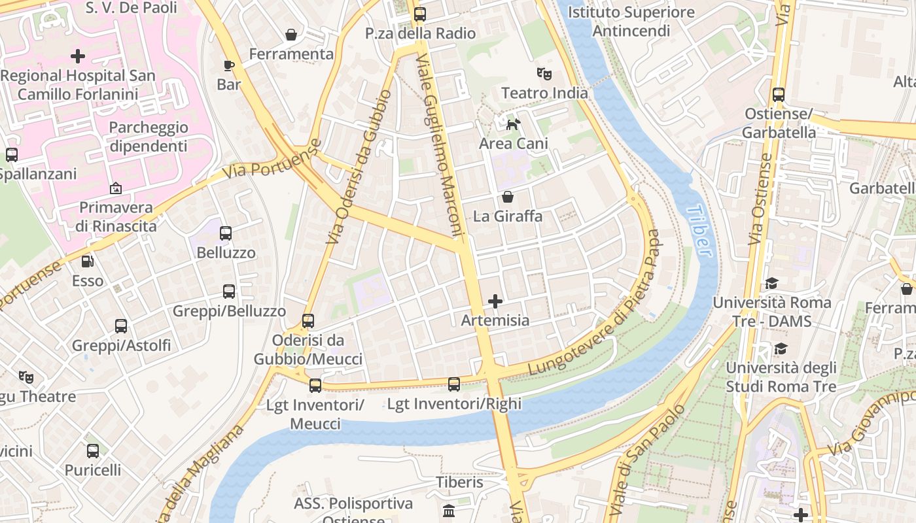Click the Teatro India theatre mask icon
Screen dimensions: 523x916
(x=544, y=73)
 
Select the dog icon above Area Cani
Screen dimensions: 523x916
(x=514, y=124)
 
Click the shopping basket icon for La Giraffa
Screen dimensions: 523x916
(x=508, y=196)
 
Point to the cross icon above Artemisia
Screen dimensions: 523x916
(x=495, y=301)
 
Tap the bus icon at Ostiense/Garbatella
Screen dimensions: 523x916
(x=779, y=95)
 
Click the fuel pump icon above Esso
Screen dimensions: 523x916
(x=87, y=261)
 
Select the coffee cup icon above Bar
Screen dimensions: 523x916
(x=228, y=65)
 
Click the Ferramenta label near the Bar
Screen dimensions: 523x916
(x=291, y=54)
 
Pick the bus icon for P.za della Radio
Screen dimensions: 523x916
(x=419, y=14)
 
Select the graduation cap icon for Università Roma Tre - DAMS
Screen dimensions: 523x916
(x=771, y=283)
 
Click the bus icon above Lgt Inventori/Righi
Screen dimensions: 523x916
(x=454, y=384)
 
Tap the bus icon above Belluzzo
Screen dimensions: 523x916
(x=226, y=233)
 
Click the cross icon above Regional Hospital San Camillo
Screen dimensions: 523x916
(x=78, y=56)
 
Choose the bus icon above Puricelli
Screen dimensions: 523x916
(x=93, y=450)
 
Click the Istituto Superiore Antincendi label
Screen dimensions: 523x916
(x=631, y=22)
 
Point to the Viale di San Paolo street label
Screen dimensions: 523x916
(x=646, y=461)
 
